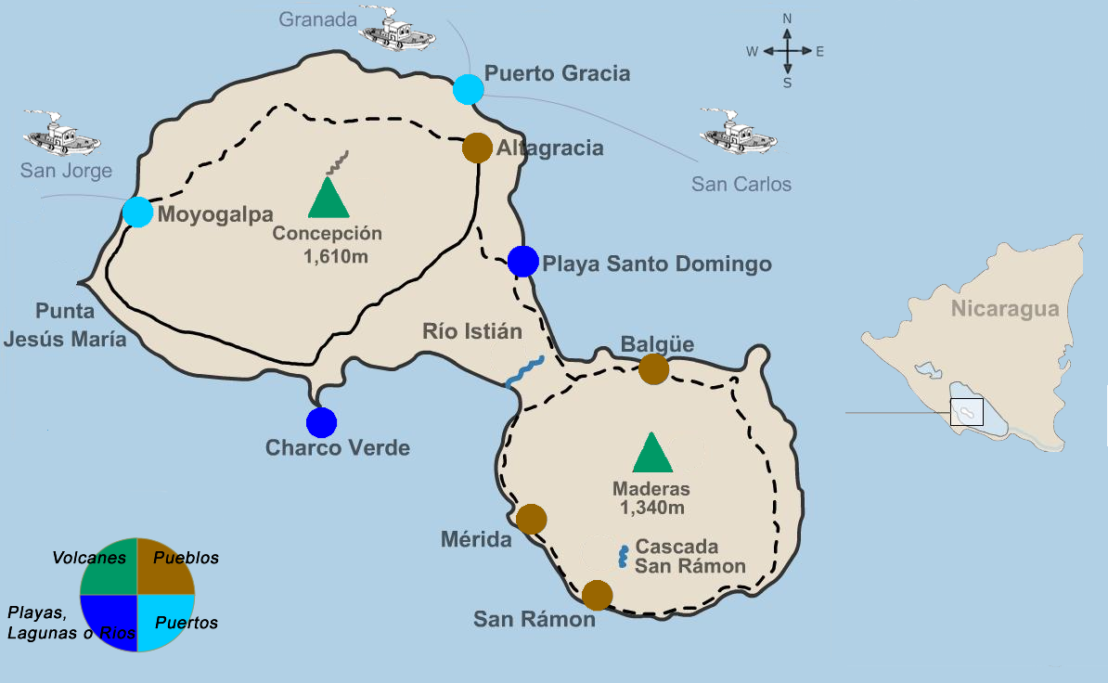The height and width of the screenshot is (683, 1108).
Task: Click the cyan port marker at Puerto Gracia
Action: tap(469, 90)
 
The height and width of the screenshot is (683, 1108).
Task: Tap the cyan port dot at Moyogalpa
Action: tap(137, 212)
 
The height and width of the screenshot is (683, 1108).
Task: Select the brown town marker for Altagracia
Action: tap(477, 148)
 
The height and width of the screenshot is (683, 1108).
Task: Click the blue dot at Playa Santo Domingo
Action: tap(523, 261)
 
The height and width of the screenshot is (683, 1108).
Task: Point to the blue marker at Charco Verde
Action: tap(321, 422)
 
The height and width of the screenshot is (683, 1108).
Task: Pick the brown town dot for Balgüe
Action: tap(653, 368)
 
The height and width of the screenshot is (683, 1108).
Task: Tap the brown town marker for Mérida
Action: tap(532, 519)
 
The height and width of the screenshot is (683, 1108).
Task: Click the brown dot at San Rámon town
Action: tap(597, 595)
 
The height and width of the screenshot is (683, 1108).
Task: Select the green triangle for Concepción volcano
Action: tap(327, 198)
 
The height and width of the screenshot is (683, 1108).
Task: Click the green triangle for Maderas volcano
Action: tap(651, 453)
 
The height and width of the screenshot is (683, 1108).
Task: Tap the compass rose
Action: tap(787, 52)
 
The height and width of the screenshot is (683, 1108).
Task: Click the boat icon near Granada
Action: tap(396, 31)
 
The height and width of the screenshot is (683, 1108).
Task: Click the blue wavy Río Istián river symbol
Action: tap(524, 371)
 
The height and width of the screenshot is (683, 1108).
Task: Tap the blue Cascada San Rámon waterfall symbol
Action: tap(624, 556)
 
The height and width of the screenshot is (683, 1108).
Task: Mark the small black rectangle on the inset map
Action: tap(966, 411)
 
